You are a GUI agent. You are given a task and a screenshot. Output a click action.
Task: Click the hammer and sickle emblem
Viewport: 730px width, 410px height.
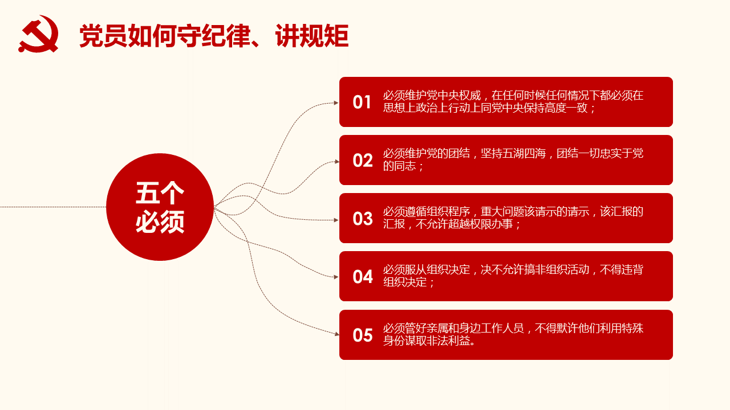[x=38, y=34]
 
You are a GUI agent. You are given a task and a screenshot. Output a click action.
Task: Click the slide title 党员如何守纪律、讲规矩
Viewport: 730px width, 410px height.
[x=214, y=36]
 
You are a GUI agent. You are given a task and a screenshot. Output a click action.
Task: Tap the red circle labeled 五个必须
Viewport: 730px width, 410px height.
[x=160, y=207]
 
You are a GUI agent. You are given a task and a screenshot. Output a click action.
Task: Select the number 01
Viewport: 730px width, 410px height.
[x=362, y=102]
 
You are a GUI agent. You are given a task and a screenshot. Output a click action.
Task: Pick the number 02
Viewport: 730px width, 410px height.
[x=362, y=161]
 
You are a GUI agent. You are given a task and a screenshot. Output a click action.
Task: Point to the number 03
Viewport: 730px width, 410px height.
[x=362, y=219]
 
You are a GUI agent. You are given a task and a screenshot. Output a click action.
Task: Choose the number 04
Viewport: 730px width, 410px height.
[x=362, y=277]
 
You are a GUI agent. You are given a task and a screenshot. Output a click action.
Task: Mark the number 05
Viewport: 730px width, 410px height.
[x=362, y=335]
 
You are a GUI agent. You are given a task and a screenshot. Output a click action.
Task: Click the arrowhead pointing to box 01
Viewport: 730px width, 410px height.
[x=336, y=103]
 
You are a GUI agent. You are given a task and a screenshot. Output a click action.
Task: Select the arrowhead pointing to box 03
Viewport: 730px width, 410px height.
[x=336, y=220]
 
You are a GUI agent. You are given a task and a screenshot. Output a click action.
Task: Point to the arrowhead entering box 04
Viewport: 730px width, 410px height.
[x=336, y=277]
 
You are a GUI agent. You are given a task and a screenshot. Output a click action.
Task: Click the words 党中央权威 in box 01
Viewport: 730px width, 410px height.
[x=453, y=95]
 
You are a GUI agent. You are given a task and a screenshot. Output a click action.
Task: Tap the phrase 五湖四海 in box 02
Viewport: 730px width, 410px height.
[x=513, y=153]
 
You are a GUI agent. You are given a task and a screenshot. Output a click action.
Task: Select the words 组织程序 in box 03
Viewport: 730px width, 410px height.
[x=448, y=211]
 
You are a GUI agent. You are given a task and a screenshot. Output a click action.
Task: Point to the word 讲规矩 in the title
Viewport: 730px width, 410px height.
[x=312, y=36]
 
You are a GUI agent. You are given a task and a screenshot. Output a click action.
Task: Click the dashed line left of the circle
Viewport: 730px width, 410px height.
[x=53, y=207]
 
